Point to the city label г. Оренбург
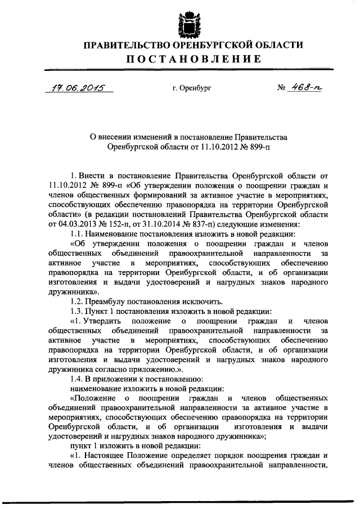(x=192, y=88)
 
